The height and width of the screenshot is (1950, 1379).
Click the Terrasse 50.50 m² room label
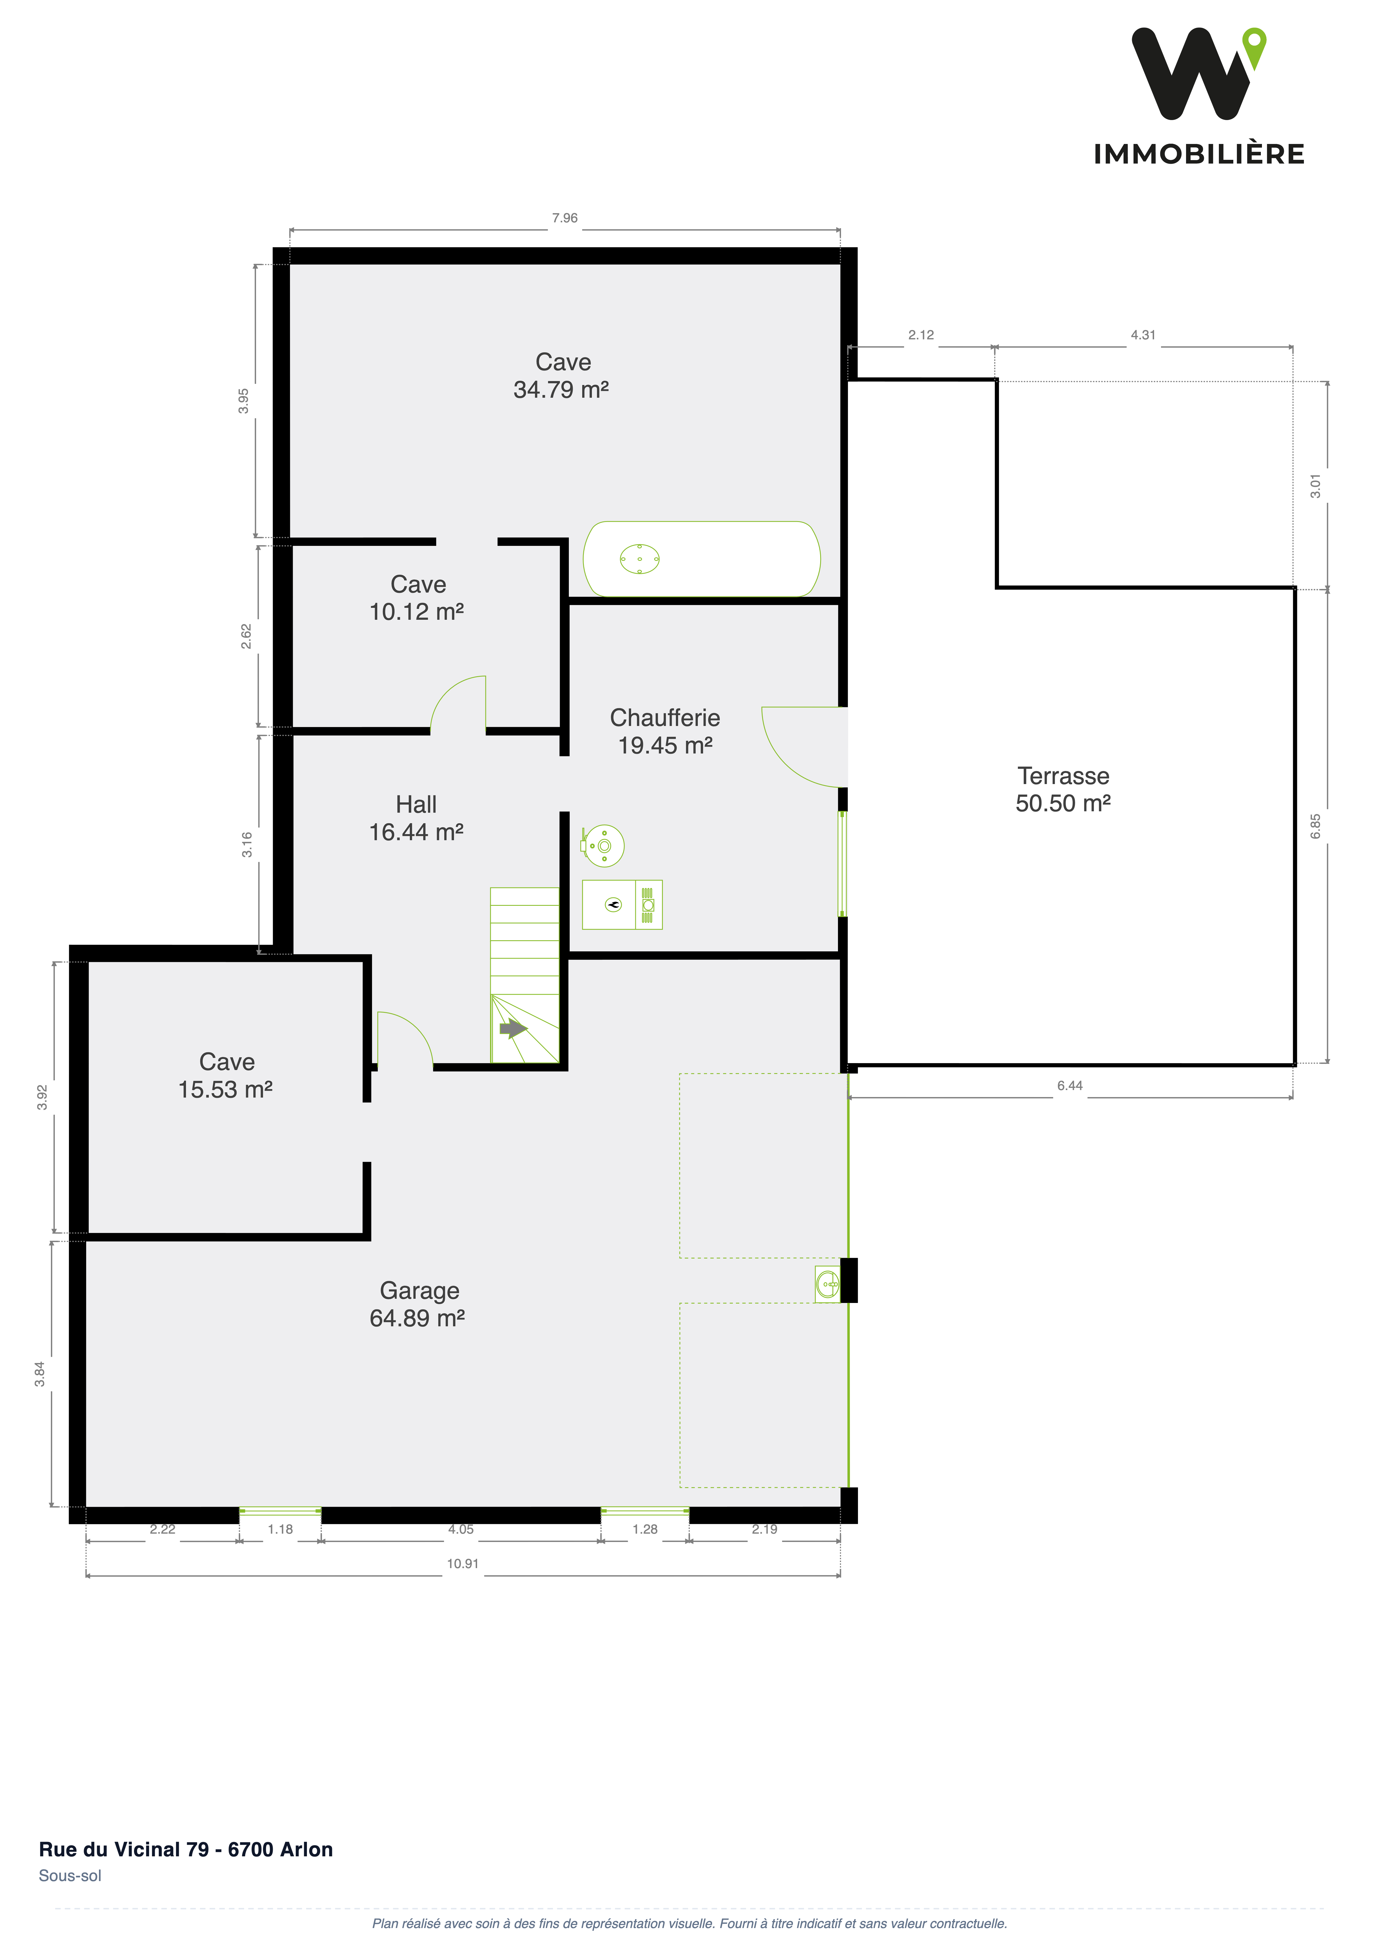pyautogui.click(x=1063, y=789)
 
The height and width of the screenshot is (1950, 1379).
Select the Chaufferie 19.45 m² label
pyautogui.click(x=664, y=731)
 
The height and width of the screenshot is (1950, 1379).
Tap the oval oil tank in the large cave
pyautogui.click(x=702, y=559)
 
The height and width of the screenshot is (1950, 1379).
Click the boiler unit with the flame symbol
pyautogui.click(x=622, y=904)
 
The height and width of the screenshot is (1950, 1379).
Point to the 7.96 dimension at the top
pyautogui.click(x=564, y=218)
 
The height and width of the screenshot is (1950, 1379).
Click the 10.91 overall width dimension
pyautogui.click(x=463, y=1564)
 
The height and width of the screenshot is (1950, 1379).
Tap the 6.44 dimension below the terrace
pyautogui.click(x=1070, y=1085)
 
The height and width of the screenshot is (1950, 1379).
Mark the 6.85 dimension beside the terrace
pyautogui.click(x=1315, y=826)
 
